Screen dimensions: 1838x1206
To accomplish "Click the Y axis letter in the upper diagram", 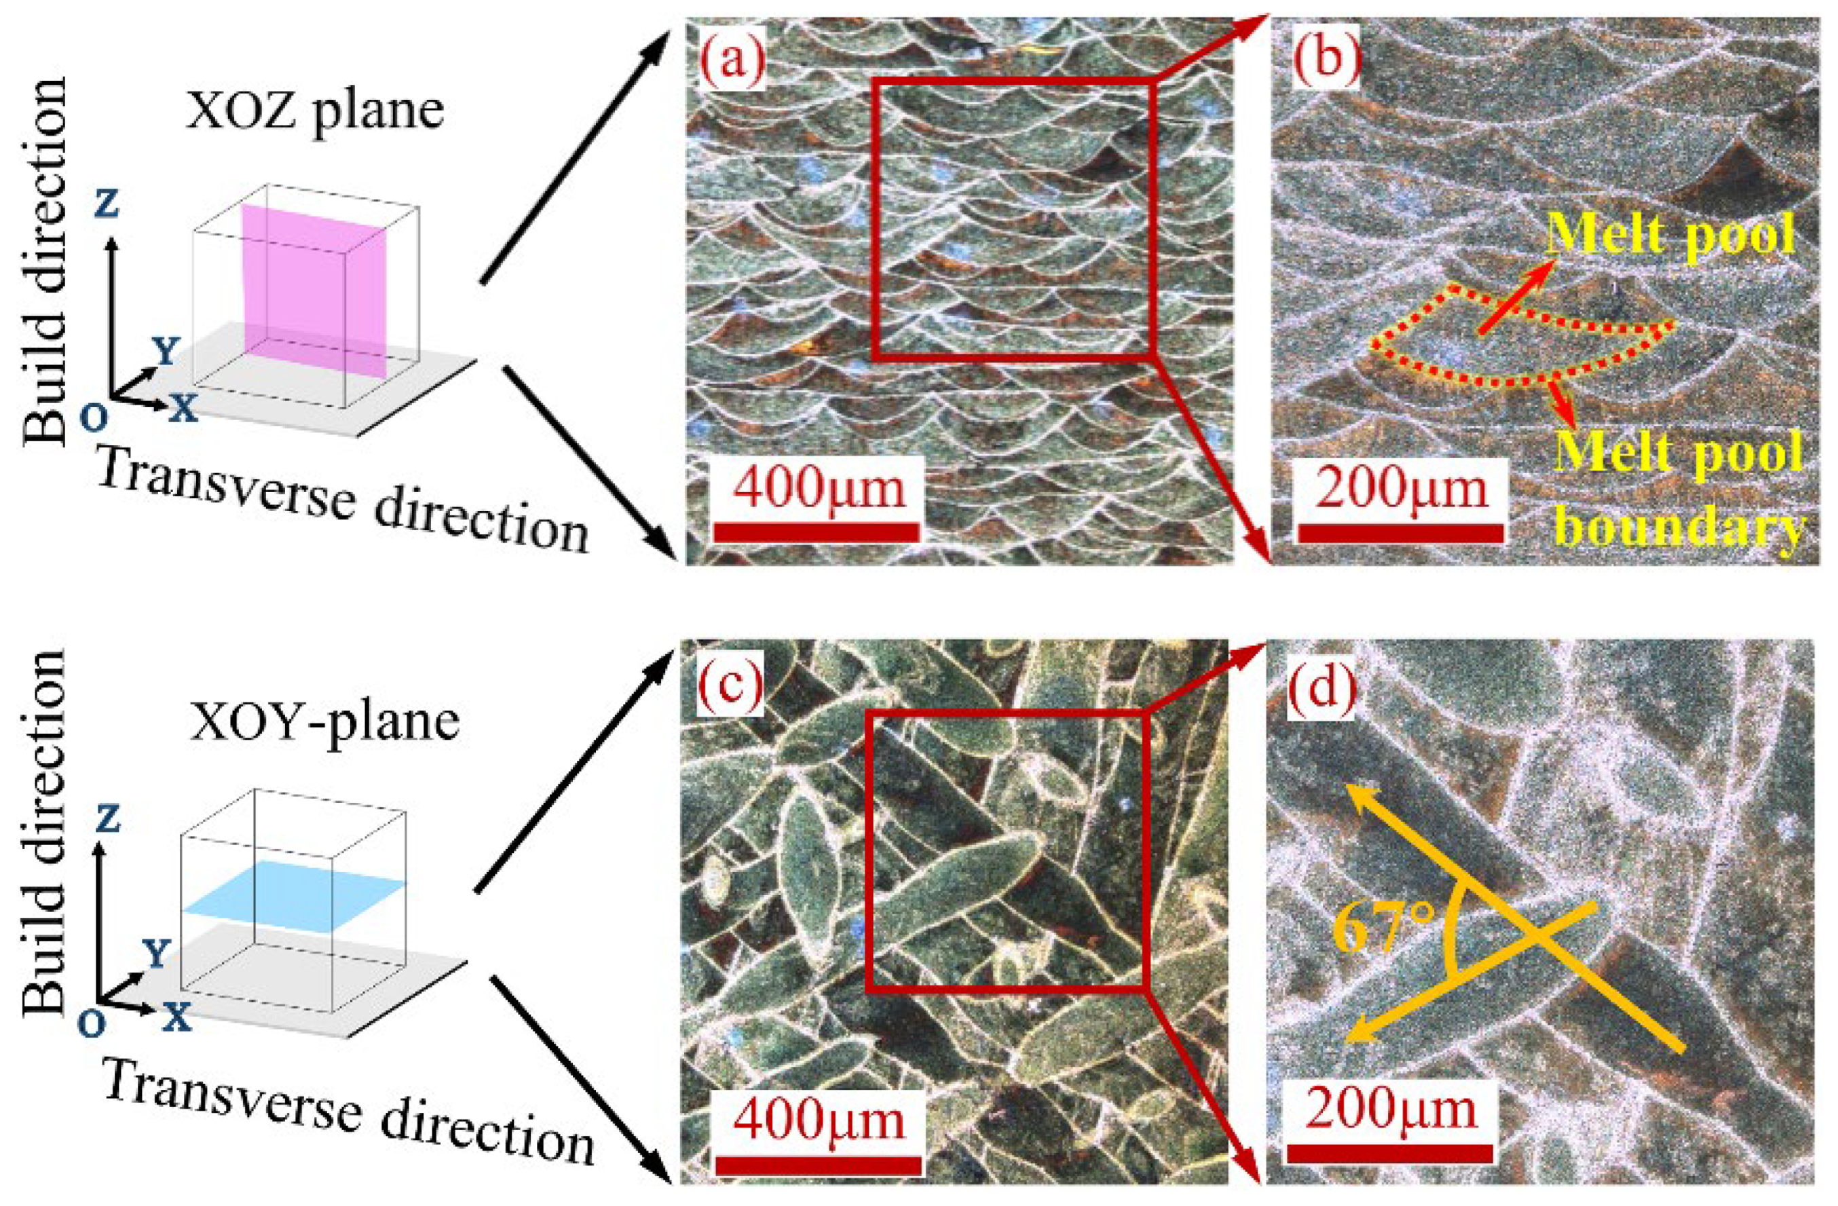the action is [x=164, y=353].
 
